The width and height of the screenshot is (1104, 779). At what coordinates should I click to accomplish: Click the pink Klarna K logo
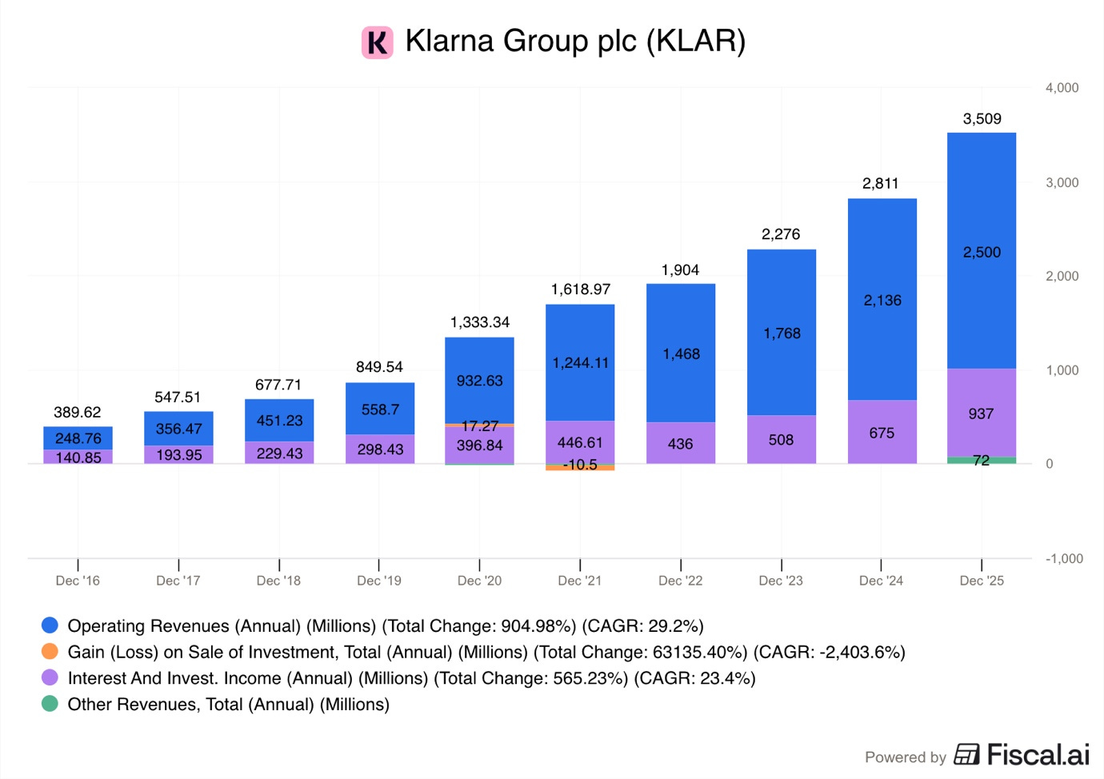click(377, 42)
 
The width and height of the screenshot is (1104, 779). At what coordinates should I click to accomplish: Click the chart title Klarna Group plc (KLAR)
click(574, 41)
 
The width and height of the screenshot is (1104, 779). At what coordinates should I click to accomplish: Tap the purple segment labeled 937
click(981, 413)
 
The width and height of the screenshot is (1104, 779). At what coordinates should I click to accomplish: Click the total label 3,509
click(982, 119)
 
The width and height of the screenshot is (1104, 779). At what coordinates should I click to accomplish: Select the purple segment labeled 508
click(781, 440)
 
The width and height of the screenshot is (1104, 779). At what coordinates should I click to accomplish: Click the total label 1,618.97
click(580, 290)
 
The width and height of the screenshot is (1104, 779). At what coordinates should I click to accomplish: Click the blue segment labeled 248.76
click(78, 437)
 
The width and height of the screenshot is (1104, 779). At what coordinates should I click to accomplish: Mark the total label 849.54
click(379, 367)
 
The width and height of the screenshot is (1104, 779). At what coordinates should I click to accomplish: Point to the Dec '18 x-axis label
click(278, 581)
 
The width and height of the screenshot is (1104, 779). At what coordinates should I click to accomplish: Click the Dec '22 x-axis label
click(680, 581)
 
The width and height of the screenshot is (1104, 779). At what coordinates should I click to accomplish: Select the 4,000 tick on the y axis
click(1062, 88)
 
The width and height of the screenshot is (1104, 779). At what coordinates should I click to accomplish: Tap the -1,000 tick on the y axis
click(1063, 558)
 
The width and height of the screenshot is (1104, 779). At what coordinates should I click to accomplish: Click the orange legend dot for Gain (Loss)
click(50, 651)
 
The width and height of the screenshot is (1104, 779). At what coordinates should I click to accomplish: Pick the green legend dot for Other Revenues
click(50, 704)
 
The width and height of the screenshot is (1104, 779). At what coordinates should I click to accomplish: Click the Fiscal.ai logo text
click(1037, 755)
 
